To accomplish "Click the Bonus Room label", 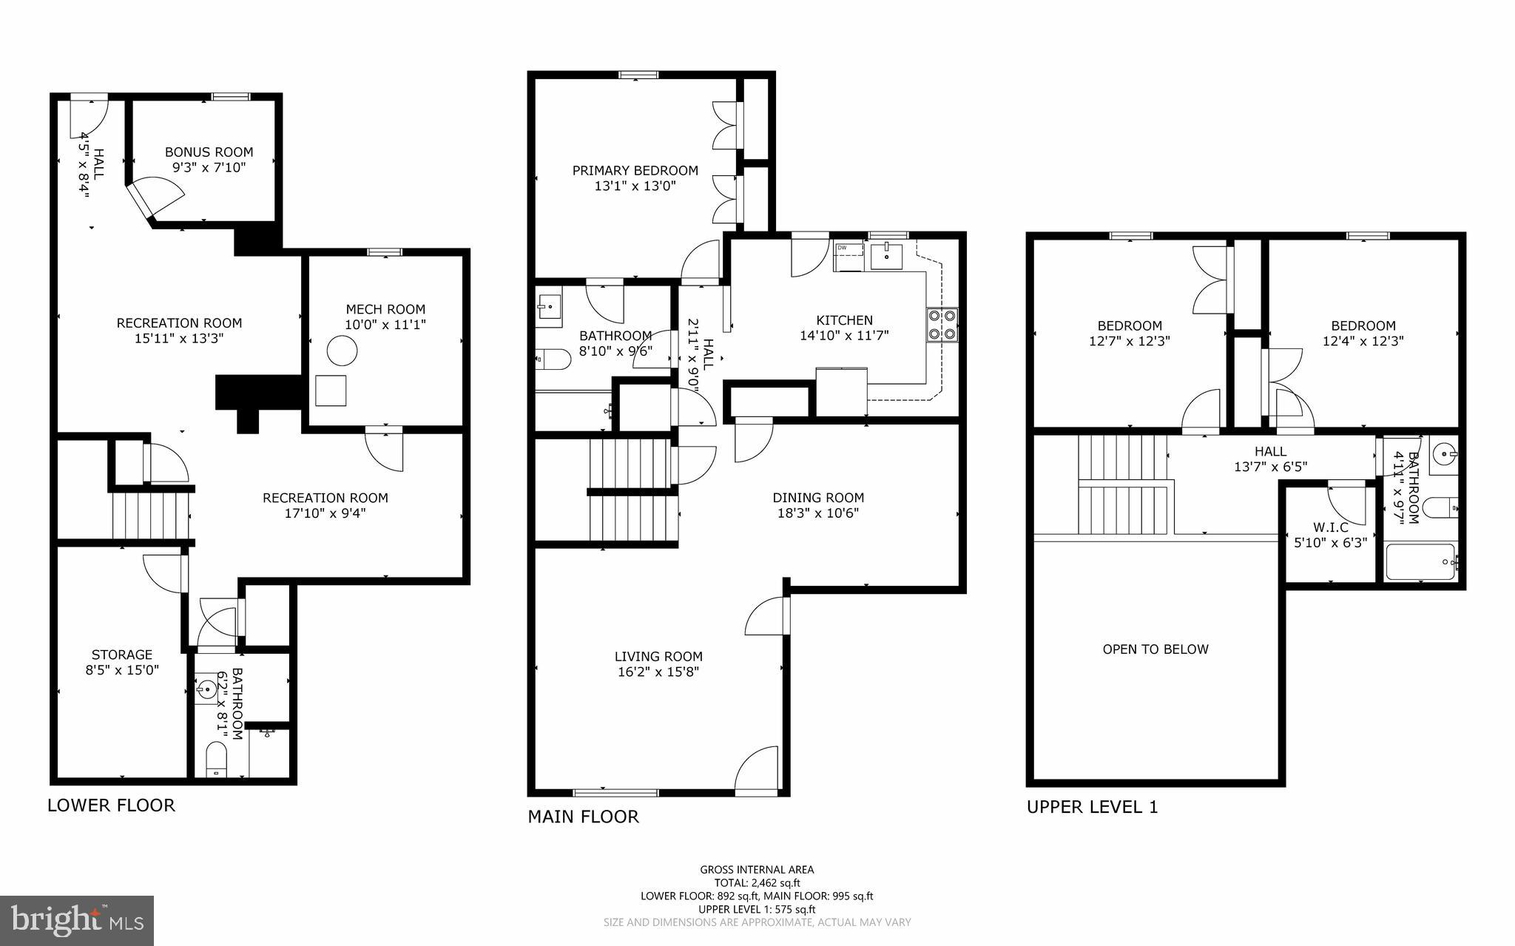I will click(x=209, y=152).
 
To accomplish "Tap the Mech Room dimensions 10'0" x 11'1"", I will click(x=385, y=325).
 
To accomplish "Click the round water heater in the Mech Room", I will click(x=343, y=351).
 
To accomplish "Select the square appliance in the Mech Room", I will click(x=331, y=391).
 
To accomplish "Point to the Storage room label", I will click(x=122, y=655).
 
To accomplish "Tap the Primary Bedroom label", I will click(x=635, y=171).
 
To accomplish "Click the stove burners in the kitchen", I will click(x=942, y=325).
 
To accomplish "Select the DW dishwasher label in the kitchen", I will click(x=842, y=247).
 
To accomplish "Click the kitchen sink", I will click(x=886, y=256).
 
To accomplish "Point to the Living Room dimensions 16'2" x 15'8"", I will click(x=658, y=672).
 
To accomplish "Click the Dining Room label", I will click(x=818, y=498).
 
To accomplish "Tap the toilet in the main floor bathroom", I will click(x=553, y=360).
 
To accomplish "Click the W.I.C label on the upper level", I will click(x=1331, y=527).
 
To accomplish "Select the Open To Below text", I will click(x=1155, y=649).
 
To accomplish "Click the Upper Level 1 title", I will click(x=1092, y=807).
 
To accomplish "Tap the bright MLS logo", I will click(x=77, y=921).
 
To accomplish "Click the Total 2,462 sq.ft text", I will click(x=757, y=882).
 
